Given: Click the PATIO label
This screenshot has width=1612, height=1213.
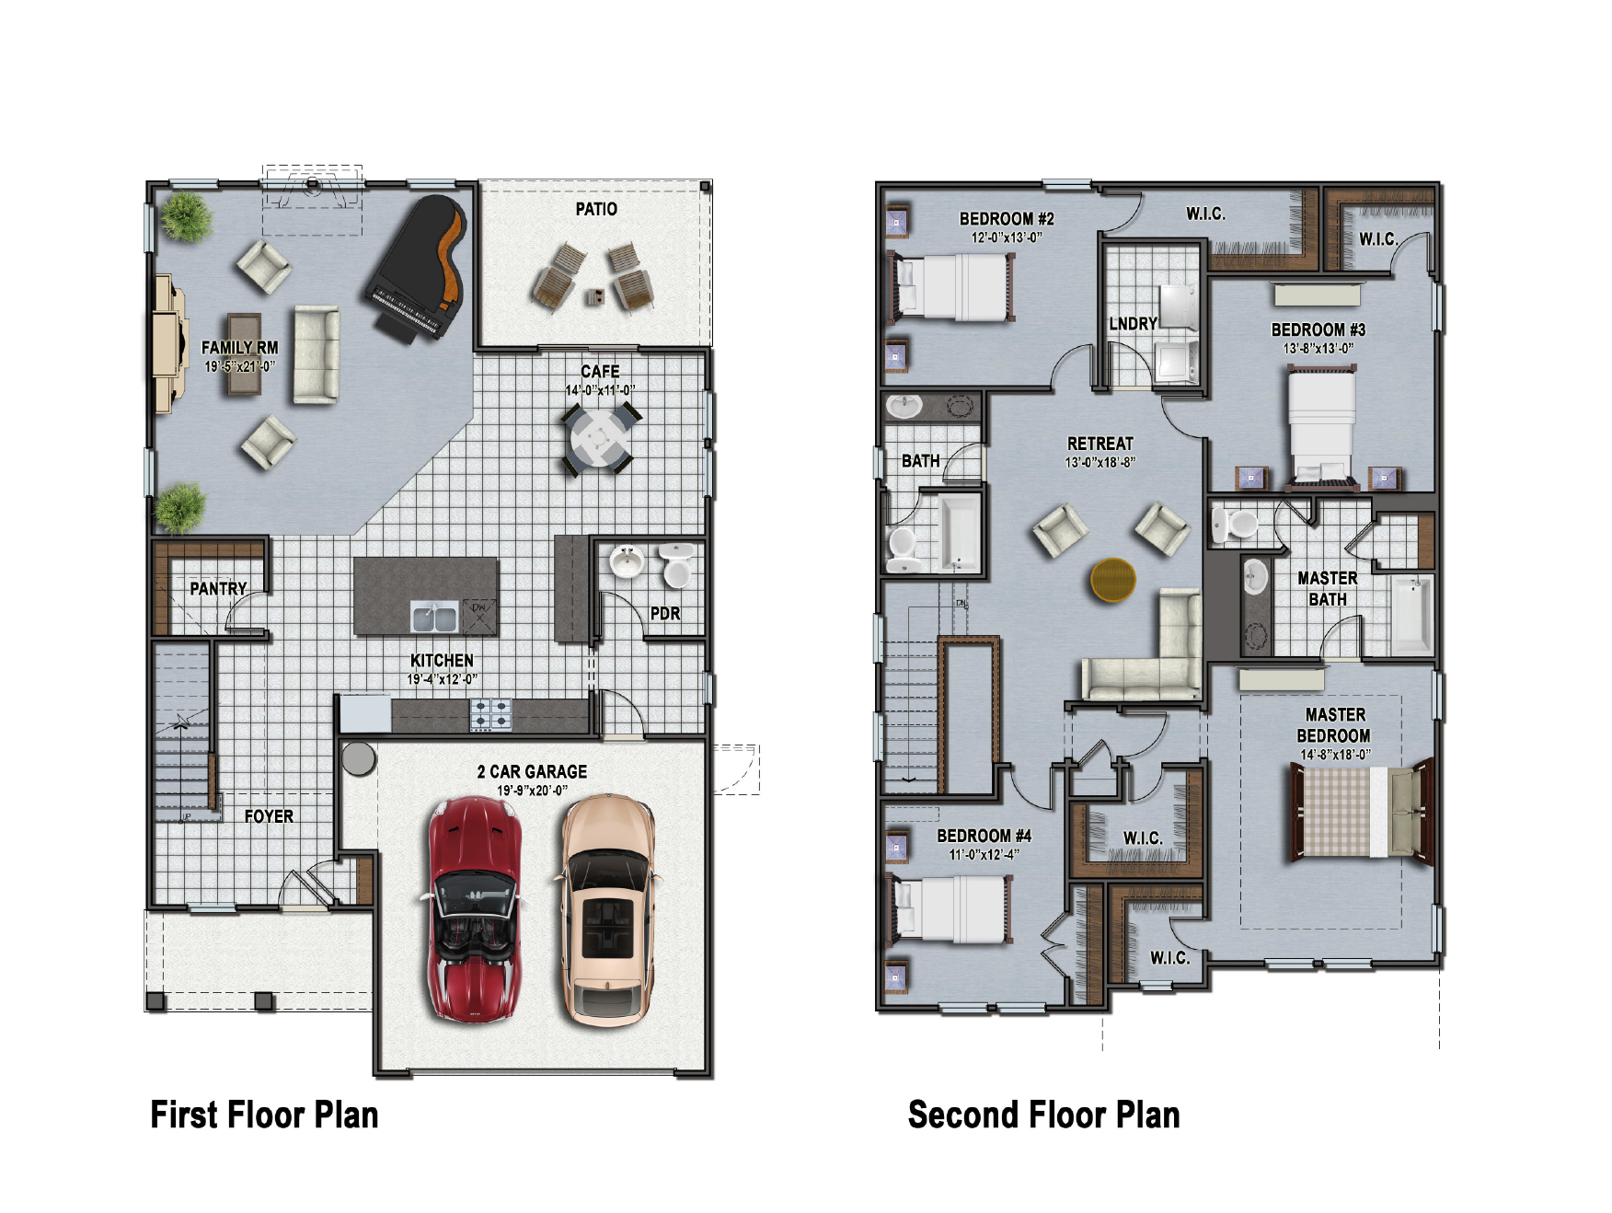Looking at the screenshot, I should [x=596, y=210].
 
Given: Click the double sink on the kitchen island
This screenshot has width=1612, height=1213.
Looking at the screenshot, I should [x=434, y=618].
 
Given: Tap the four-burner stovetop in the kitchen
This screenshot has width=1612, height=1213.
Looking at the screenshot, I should [x=490, y=715].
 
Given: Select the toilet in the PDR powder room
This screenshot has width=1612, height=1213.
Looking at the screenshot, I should [x=677, y=565].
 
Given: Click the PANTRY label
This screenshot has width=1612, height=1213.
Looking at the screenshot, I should [x=218, y=589].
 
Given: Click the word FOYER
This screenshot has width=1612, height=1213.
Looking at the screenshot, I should [x=269, y=816].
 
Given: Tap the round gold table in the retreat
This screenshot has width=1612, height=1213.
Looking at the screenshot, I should [x=1112, y=580].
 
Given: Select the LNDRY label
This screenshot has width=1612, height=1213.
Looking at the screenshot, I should [x=1133, y=324].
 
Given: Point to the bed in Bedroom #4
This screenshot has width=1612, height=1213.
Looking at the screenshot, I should [x=953, y=909].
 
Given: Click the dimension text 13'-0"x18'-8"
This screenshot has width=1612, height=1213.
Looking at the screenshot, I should [x=1100, y=463].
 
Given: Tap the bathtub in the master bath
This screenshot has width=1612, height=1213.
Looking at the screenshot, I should [x=1411, y=614].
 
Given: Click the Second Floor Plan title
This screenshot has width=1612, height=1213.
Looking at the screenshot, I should [x=1043, y=1115].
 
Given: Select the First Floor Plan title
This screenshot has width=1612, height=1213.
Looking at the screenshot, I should [x=264, y=1115].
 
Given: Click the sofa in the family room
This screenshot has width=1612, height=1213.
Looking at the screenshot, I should [x=316, y=355].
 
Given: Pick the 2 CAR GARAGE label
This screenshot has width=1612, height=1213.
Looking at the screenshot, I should [x=532, y=771].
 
